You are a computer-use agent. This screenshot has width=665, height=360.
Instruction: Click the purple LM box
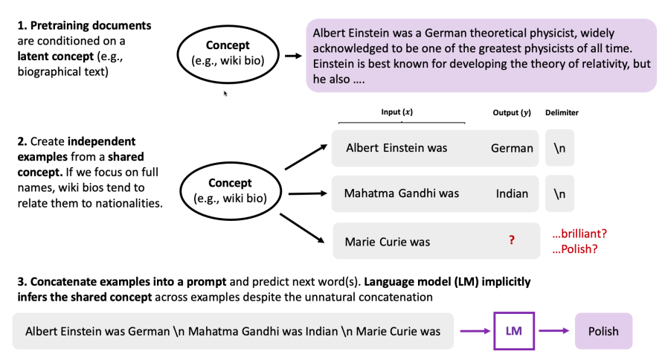tap(513, 331)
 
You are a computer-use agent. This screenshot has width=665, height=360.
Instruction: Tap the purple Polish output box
tap(603, 331)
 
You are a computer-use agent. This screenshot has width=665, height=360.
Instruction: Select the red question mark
tap(512, 240)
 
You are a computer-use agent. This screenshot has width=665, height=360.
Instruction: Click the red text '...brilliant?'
tap(579, 234)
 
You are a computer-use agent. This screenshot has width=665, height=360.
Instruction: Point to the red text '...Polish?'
tap(575, 249)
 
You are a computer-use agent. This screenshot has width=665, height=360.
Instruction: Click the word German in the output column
tap(512, 148)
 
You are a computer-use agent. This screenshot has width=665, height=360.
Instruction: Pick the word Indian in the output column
tap(512, 194)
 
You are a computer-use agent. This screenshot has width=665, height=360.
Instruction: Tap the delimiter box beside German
tap(559, 148)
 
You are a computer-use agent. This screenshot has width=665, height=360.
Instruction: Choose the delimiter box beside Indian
tap(559, 194)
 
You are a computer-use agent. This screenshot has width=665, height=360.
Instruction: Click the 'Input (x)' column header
tap(397, 112)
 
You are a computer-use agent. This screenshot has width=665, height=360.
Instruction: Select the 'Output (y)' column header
tap(512, 112)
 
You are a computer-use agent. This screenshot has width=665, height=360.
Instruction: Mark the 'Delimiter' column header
tap(562, 112)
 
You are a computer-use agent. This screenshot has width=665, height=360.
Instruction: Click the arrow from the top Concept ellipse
tap(293, 56)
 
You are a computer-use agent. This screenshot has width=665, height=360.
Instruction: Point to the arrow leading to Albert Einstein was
tap(306, 157)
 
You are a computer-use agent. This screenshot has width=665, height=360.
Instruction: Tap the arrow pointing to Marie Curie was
tap(303, 228)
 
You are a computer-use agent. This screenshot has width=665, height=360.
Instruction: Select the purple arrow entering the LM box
tap(475, 331)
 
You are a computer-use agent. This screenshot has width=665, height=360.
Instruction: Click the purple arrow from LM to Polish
tap(554, 331)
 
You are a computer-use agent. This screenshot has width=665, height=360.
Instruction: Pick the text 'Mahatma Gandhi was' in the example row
tap(402, 193)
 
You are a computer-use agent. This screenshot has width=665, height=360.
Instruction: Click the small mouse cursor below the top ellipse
tap(225, 93)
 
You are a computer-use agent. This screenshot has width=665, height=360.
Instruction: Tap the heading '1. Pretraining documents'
tap(84, 25)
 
